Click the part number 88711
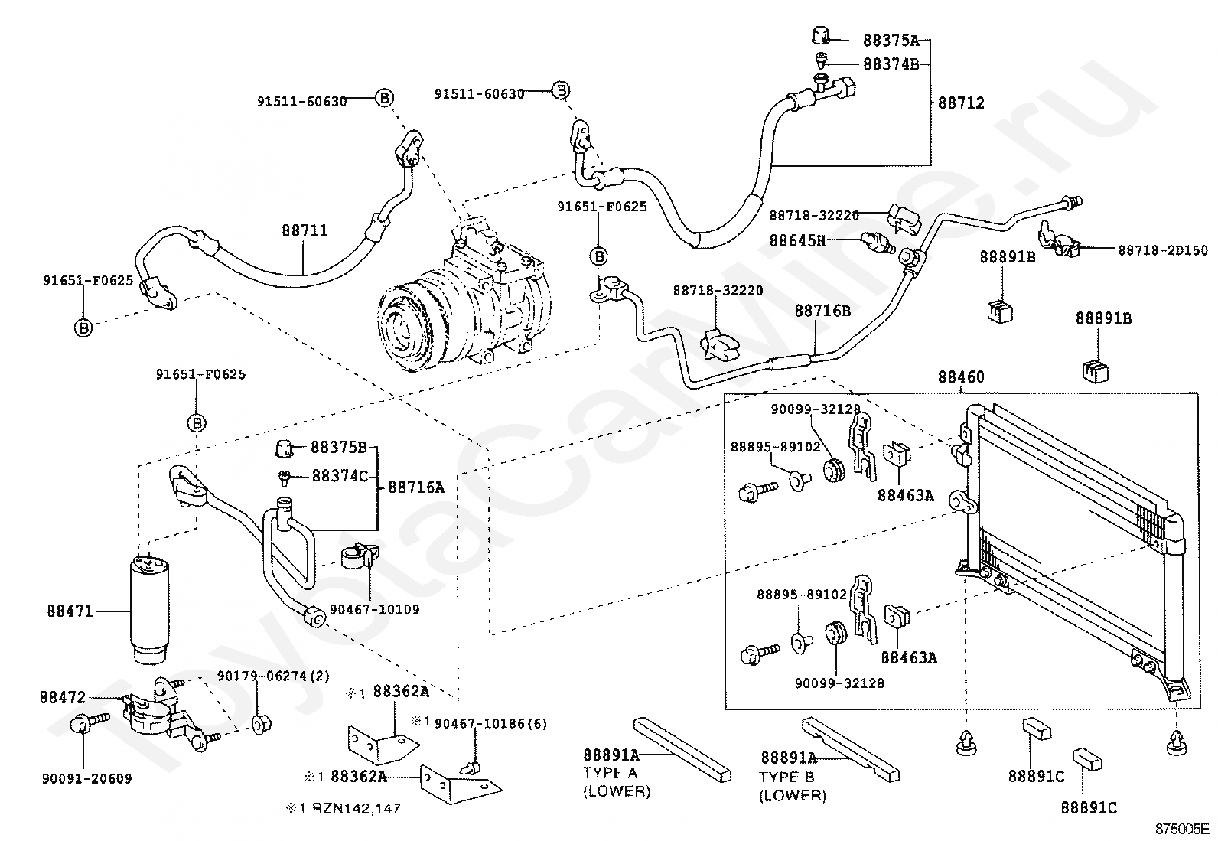304,230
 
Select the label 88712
961,103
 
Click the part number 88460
961,376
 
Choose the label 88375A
891,41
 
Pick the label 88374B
891,64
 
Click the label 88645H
797,240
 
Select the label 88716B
822,311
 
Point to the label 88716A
415,487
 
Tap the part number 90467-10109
374,610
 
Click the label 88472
63,697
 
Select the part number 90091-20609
86,778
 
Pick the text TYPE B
787,777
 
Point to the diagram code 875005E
1181,828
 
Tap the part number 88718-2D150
1163,250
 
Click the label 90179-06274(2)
273,676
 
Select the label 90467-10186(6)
490,723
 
